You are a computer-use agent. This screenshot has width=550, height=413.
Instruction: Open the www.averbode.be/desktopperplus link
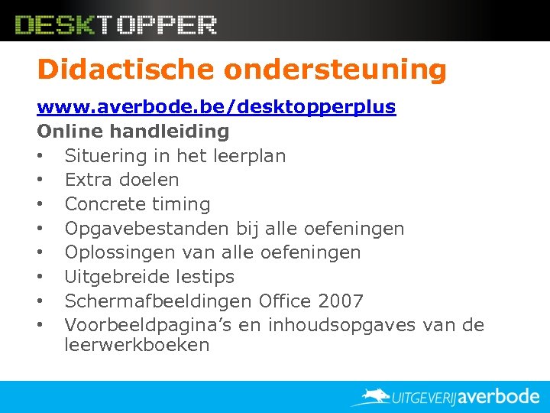[x=216, y=107]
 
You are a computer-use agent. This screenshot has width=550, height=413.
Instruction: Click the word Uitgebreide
[x=112, y=277]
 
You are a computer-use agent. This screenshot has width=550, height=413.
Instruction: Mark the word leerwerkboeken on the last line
[x=137, y=345]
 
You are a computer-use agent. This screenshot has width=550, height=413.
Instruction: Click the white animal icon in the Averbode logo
[x=374, y=396]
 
